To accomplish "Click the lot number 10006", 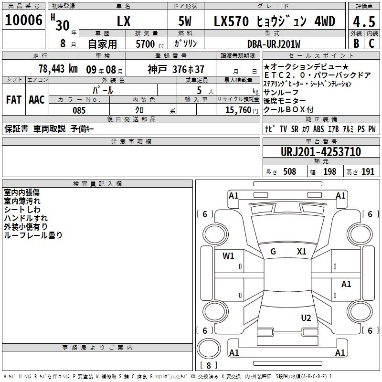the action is pyautogui.click(x=23, y=20).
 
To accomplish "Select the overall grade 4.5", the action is pyautogui.click(x=364, y=22).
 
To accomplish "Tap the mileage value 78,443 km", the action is pyautogui.click(x=58, y=69).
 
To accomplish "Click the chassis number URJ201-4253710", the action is pyautogui.click(x=321, y=152).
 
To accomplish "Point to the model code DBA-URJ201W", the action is pyautogui.click(x=274, y=44).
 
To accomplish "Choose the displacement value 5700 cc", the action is pyautogui.click(x=150, y=44).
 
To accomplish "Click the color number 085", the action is pyautogui.click(x=79, y=110).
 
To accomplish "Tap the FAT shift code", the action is pyautogui.click(x=14, y=100).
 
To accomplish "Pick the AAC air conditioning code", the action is pyautogui.click(x=37, y=100).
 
